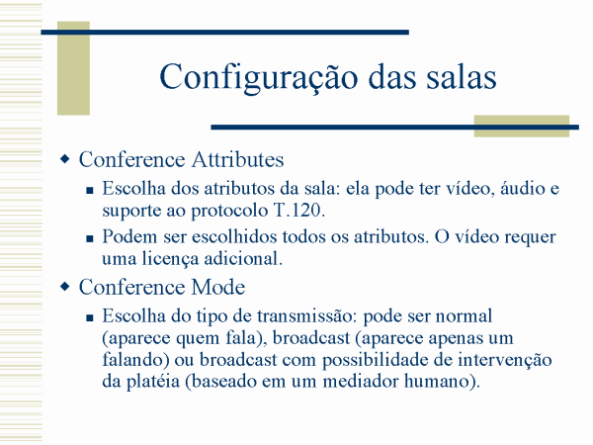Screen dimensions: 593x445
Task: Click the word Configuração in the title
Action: tap(259, 78)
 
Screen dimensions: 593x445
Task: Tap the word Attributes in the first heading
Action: tap(237, 159)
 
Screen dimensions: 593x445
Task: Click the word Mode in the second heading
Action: tap(218, 287)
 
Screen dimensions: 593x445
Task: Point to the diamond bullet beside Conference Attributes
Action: tap(65, 158)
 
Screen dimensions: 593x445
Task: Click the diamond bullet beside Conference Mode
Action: tap(65, 286)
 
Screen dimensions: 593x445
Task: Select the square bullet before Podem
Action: tap(90, 238)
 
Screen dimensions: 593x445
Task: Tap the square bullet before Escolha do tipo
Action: tap(90, 317)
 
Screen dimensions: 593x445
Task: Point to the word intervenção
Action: tap(504, 360)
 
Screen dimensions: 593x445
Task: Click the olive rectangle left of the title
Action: tap(73, 68)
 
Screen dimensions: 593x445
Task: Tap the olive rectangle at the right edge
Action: tap(522, 126)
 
